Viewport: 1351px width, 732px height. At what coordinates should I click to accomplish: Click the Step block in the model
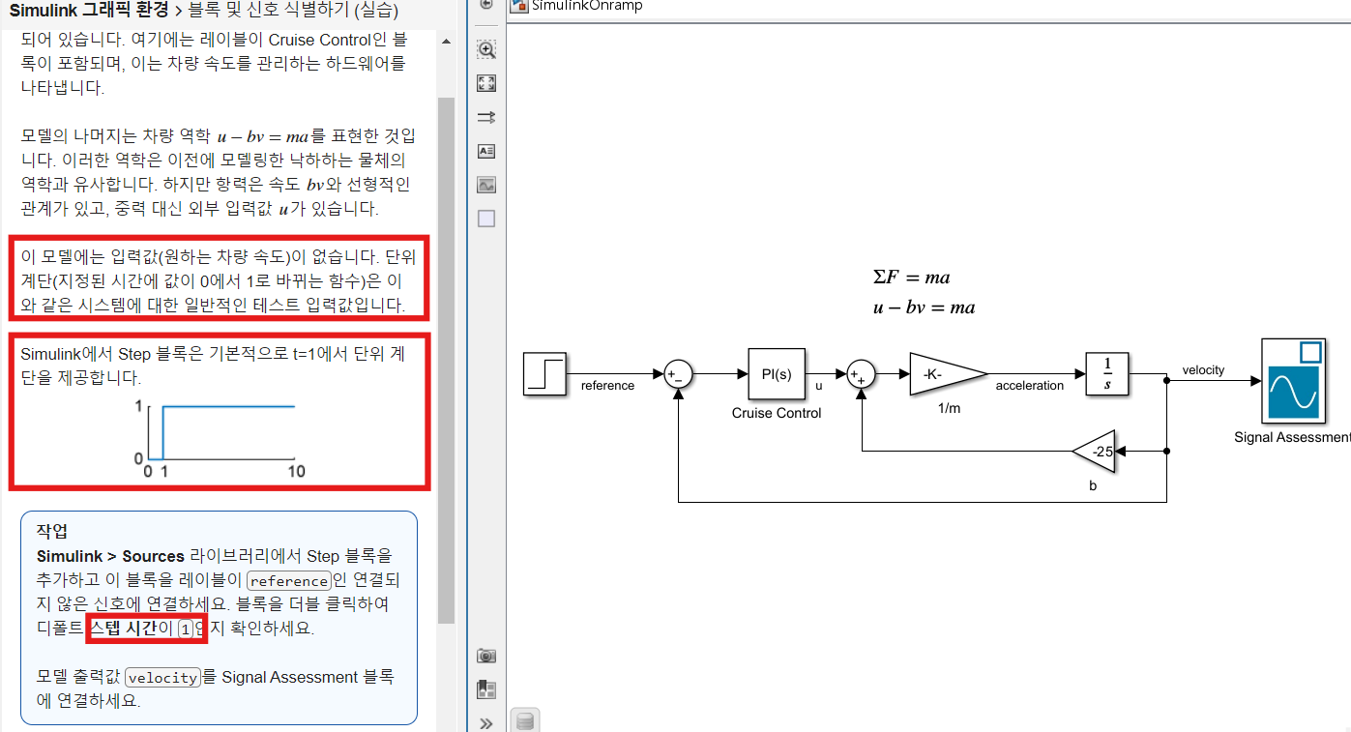coord(544,373)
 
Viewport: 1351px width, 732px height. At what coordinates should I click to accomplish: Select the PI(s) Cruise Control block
coord(777,373)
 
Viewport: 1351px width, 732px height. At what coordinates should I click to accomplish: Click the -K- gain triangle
coord(943,373)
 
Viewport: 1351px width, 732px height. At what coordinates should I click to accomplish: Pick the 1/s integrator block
coord(1107,373)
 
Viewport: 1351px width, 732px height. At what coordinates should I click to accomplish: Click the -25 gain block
coord(1097,452)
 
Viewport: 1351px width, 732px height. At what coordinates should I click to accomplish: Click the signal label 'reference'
coord(607,386)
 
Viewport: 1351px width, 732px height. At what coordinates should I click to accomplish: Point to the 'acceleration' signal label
coord(1029,386)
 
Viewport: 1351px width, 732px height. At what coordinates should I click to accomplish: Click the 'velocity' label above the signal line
coord(1203,369)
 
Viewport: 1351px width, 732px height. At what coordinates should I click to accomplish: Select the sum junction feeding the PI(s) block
coord(679,374)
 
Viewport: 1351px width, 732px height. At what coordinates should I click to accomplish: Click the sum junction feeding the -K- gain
coord(861,374)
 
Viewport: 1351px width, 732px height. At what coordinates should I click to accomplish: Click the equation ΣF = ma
coord(911,278)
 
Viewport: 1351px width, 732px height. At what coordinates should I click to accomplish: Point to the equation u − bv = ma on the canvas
coord(924,307)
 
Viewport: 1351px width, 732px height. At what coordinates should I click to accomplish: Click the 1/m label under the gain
coord(948,409)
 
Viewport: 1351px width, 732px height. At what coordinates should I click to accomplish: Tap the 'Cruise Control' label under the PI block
coord(777,413)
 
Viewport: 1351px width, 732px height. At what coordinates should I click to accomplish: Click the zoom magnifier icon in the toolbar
coord(486,49)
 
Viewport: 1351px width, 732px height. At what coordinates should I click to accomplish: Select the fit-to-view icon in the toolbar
coord(486,83)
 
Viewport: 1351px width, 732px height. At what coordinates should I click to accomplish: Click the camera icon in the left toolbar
coord(486,656)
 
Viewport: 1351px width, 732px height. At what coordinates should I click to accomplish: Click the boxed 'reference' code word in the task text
coord(289,581)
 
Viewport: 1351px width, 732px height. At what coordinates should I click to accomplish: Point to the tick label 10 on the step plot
coord(297,471)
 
